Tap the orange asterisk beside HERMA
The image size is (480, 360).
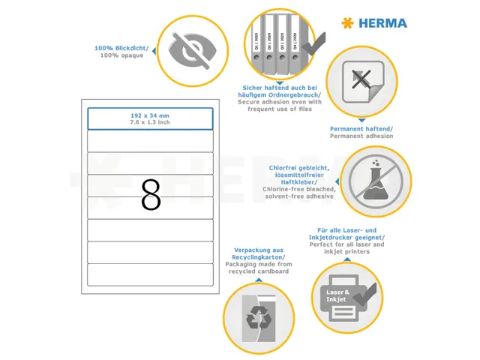[x=346, y=23]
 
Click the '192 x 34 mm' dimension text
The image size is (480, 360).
[x=150, y=115]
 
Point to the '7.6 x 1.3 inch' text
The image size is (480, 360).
[x=150, y=122]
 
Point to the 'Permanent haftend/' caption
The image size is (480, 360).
[x=361, y=128]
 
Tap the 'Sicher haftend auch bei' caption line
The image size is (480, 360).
[x=280, y=87]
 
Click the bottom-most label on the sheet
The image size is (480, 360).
[x=151, y=274]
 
